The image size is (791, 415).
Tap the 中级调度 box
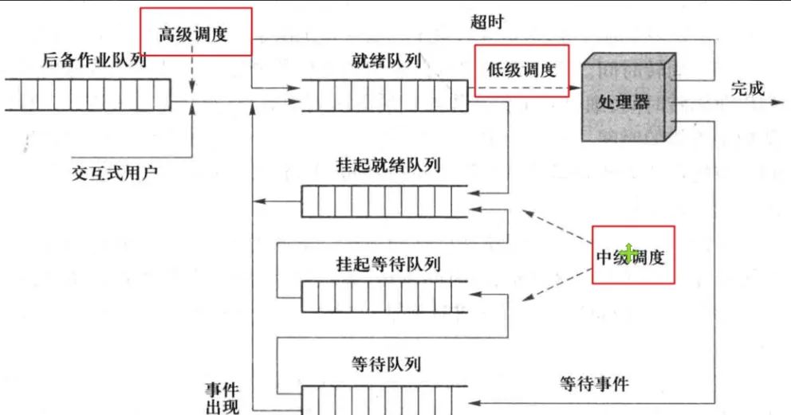[x=633, y=255]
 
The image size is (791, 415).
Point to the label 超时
[x=486, y=22]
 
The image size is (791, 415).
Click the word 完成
[x=747, y=88]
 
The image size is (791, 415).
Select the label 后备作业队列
[x=96, y=61]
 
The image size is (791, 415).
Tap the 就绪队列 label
[x=386, y=61]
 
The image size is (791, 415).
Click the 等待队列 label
[x=385, y=364]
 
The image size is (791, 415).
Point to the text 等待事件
[x=592, y=384]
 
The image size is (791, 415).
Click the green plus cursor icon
[x=629, y=253]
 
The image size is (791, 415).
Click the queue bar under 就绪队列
[x=384, y=95]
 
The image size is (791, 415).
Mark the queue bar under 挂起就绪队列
[x=384, y=201]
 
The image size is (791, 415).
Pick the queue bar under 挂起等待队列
[x=384, y=298]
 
